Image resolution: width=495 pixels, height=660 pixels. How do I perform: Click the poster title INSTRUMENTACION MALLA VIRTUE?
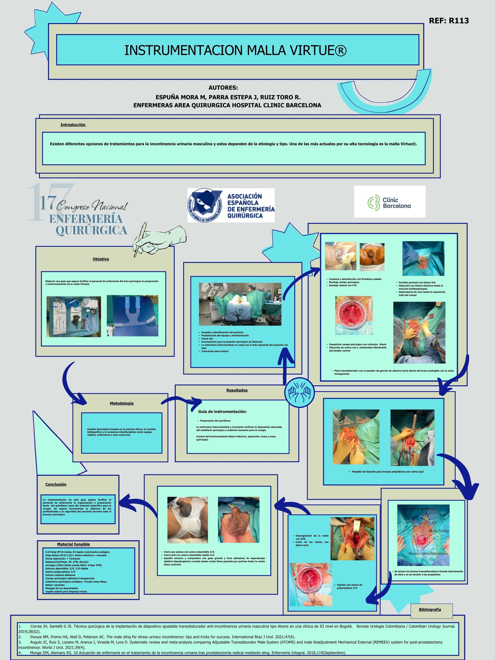(x=235, y=50)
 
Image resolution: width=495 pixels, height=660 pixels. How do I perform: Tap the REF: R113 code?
(x=449, y=21)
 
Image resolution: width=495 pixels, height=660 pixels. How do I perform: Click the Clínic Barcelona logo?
(x=390, y=202)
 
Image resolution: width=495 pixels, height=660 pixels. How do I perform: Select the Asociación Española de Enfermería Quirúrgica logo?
(x=231, y=205)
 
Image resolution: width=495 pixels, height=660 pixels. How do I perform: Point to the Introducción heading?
(x=73, y=125)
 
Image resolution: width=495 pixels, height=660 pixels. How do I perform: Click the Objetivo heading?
(x=101, y=259)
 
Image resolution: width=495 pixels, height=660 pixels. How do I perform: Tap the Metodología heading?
(x=122, y=403)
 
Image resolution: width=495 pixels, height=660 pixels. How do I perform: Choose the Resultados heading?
(x=237, y=390)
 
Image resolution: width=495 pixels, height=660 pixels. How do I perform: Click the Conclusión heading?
(x=56, y=484)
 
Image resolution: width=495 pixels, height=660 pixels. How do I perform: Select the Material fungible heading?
(x=73, y=544)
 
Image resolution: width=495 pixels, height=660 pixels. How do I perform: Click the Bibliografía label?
(x=430, y=610)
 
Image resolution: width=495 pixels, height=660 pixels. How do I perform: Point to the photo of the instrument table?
(x=74, y=317)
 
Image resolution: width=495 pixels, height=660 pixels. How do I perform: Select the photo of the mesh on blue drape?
(x=132, y=316)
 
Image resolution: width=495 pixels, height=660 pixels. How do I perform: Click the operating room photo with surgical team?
(x=240, y=304)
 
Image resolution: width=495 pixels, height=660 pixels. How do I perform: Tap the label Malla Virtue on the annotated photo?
(x=439, y=531)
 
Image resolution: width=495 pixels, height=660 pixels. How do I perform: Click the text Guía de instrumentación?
(x=222, y=411)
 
